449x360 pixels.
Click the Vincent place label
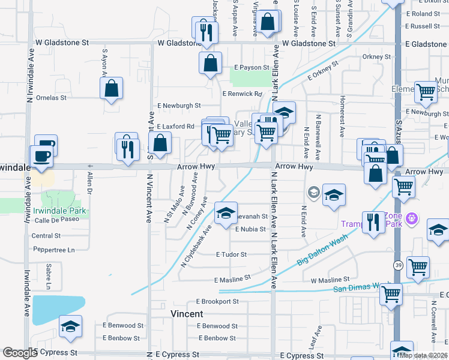coord(187,314)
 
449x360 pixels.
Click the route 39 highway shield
coord(398,265)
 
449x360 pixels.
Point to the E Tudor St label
coord(231,254)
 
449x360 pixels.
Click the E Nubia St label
coord(250,229)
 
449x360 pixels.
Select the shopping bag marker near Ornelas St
coord(112,89)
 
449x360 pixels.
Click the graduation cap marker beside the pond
coord(71,326)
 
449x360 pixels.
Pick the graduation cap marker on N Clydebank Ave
coord(226,214)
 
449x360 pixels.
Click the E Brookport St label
coord(221,301)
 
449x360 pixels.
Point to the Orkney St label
coord(376,57)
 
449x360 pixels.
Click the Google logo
coord(20,353)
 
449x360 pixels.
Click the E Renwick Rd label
coord(243,94)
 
